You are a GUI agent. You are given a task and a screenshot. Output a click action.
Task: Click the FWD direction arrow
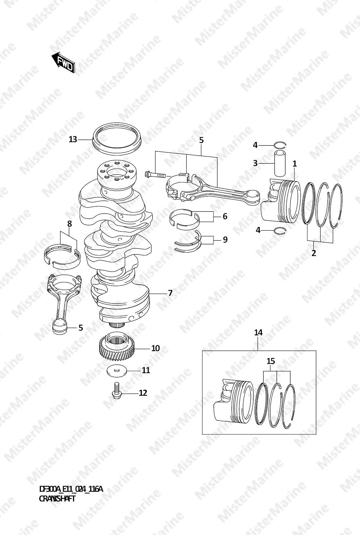63,63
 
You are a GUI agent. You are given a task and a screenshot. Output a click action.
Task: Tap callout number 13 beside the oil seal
73,139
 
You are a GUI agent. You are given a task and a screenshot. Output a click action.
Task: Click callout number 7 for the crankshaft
170,293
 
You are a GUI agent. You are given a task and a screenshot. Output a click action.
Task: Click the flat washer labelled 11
116,370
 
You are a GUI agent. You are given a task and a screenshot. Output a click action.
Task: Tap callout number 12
143,392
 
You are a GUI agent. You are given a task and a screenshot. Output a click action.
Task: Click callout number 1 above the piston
294,164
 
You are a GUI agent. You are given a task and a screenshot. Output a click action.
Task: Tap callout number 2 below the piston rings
314,253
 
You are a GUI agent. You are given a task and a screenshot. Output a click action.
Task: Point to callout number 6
225,216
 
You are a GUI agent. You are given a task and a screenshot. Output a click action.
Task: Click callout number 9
225,239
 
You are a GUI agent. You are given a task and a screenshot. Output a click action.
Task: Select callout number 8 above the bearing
69,224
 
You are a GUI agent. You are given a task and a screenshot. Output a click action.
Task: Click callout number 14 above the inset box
258,332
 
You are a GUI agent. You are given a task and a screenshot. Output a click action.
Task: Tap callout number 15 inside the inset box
271,361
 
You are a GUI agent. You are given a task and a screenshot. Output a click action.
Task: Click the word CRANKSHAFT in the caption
57,498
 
